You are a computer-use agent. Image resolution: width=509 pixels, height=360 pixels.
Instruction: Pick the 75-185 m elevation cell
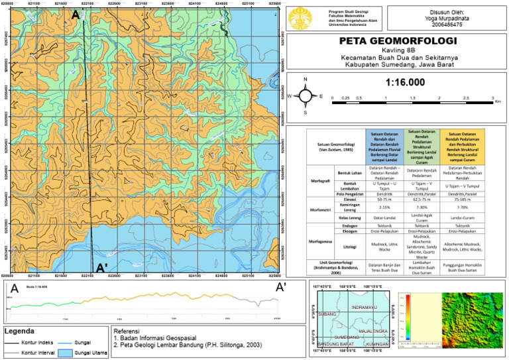(461, 198)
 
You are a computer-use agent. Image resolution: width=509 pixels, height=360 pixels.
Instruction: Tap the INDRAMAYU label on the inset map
(364, 308)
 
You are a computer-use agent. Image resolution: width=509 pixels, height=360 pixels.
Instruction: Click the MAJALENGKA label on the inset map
(373, 330)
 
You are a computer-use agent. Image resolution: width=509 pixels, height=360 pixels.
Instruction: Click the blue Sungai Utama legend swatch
(64, 353)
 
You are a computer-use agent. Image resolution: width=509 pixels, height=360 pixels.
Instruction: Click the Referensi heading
(127, 331)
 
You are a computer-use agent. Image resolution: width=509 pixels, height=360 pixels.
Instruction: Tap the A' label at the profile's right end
(281, 287)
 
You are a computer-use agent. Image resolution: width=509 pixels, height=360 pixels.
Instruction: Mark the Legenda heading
(23, 331)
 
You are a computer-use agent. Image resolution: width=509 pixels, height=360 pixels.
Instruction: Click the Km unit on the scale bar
(498, 101)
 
